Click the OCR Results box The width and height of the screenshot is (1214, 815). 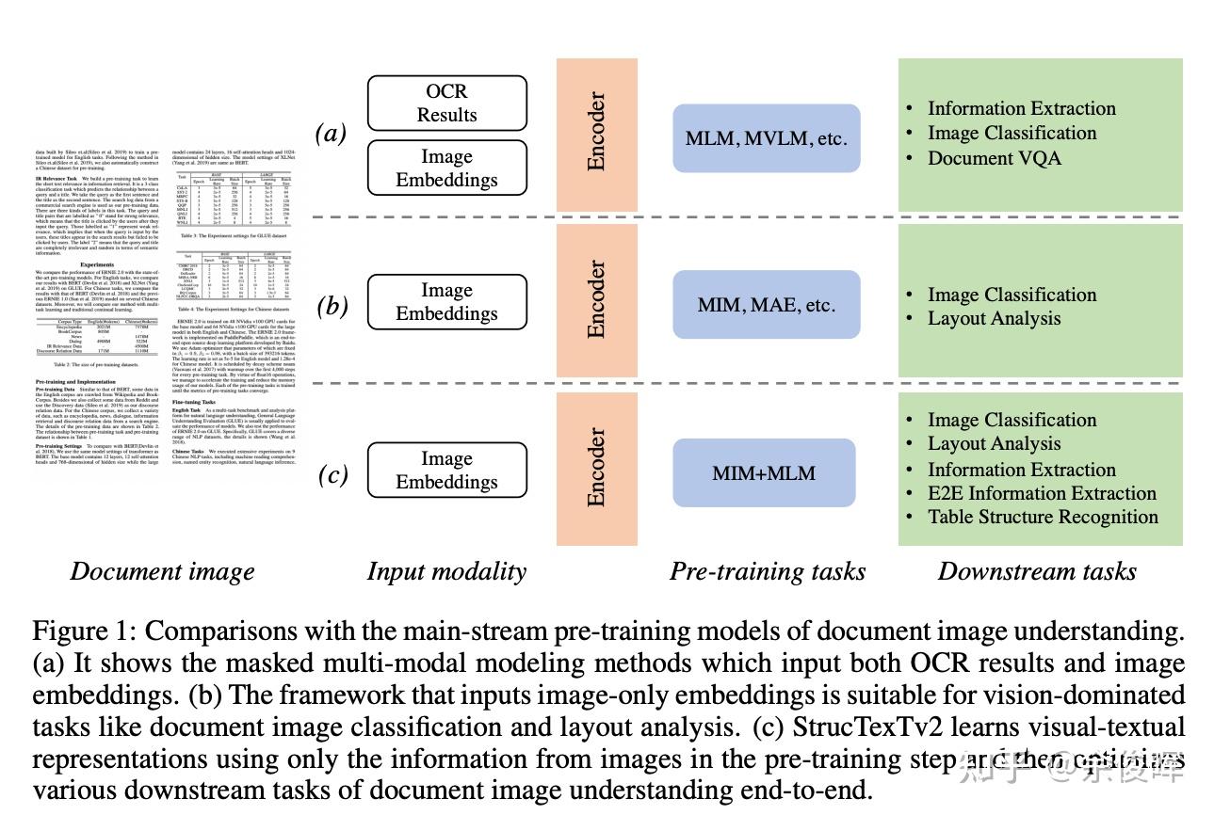[x=446, y=103]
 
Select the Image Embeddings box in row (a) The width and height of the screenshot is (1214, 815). [x=446, y=168]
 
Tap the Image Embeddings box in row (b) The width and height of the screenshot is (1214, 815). [x=446, y=302]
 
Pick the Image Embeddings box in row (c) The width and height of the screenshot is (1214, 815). [x=446, y=470]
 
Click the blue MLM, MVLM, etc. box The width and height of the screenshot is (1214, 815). [x=766, y=138]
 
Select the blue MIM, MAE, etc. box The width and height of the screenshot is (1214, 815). [x=766, y=305]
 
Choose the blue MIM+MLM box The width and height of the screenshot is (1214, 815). [x=764, y=472]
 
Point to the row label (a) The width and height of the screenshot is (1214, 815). [x=332, y=134]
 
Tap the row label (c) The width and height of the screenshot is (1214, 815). [x=332, y=474]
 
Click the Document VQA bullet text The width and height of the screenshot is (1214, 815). [x=994, y=158]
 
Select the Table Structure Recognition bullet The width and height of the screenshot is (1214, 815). [x=1043, y=517]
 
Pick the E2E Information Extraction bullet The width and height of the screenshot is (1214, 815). [x=1042, y=493]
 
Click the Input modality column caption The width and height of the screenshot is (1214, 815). [x=446, y=571]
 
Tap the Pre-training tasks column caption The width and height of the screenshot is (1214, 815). [x=767, y=571]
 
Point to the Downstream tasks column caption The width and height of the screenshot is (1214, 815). [x=1037, y=571]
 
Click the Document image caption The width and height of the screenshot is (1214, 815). [x=163, y=571]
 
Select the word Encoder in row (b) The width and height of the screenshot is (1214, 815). [x=596, y=299]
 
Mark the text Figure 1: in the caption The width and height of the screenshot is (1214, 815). [x=85, y=631]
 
